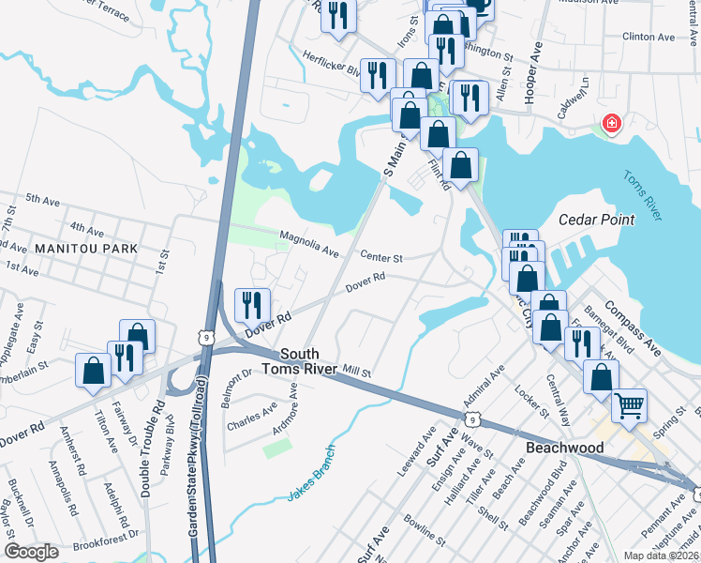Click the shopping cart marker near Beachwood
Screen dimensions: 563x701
pyautogui.click(x=629, y=405)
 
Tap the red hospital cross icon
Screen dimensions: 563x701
pyautogui.click(x=611, y=123)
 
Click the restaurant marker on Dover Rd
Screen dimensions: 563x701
pyautogui.click(x=252, y=303)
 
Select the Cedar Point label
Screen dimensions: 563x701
pyautogui.click(x=596, y=220)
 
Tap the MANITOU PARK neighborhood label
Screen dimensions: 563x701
pyautogui.click(x=86, y=249)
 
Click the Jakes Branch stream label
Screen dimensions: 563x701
pyautogui.click(x=311, y=486)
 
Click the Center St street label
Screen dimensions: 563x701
pyautogui.click(x=382, y=256)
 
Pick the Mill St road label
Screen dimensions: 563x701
pyautogui.click(x=357, y=373)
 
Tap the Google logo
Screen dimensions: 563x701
pyautogui.click(x=31, y=552)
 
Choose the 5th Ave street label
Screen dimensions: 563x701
pyautogui.click(x=43, y=200)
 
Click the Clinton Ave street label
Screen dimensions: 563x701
pyautogui.click(x=649, y=38)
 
